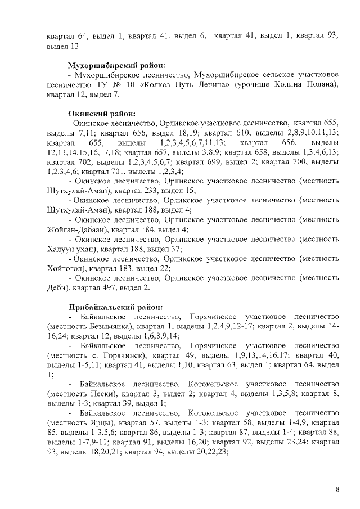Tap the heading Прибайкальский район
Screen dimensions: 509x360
tap(115, 308)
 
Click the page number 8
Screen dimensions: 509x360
tap(337, 489)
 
